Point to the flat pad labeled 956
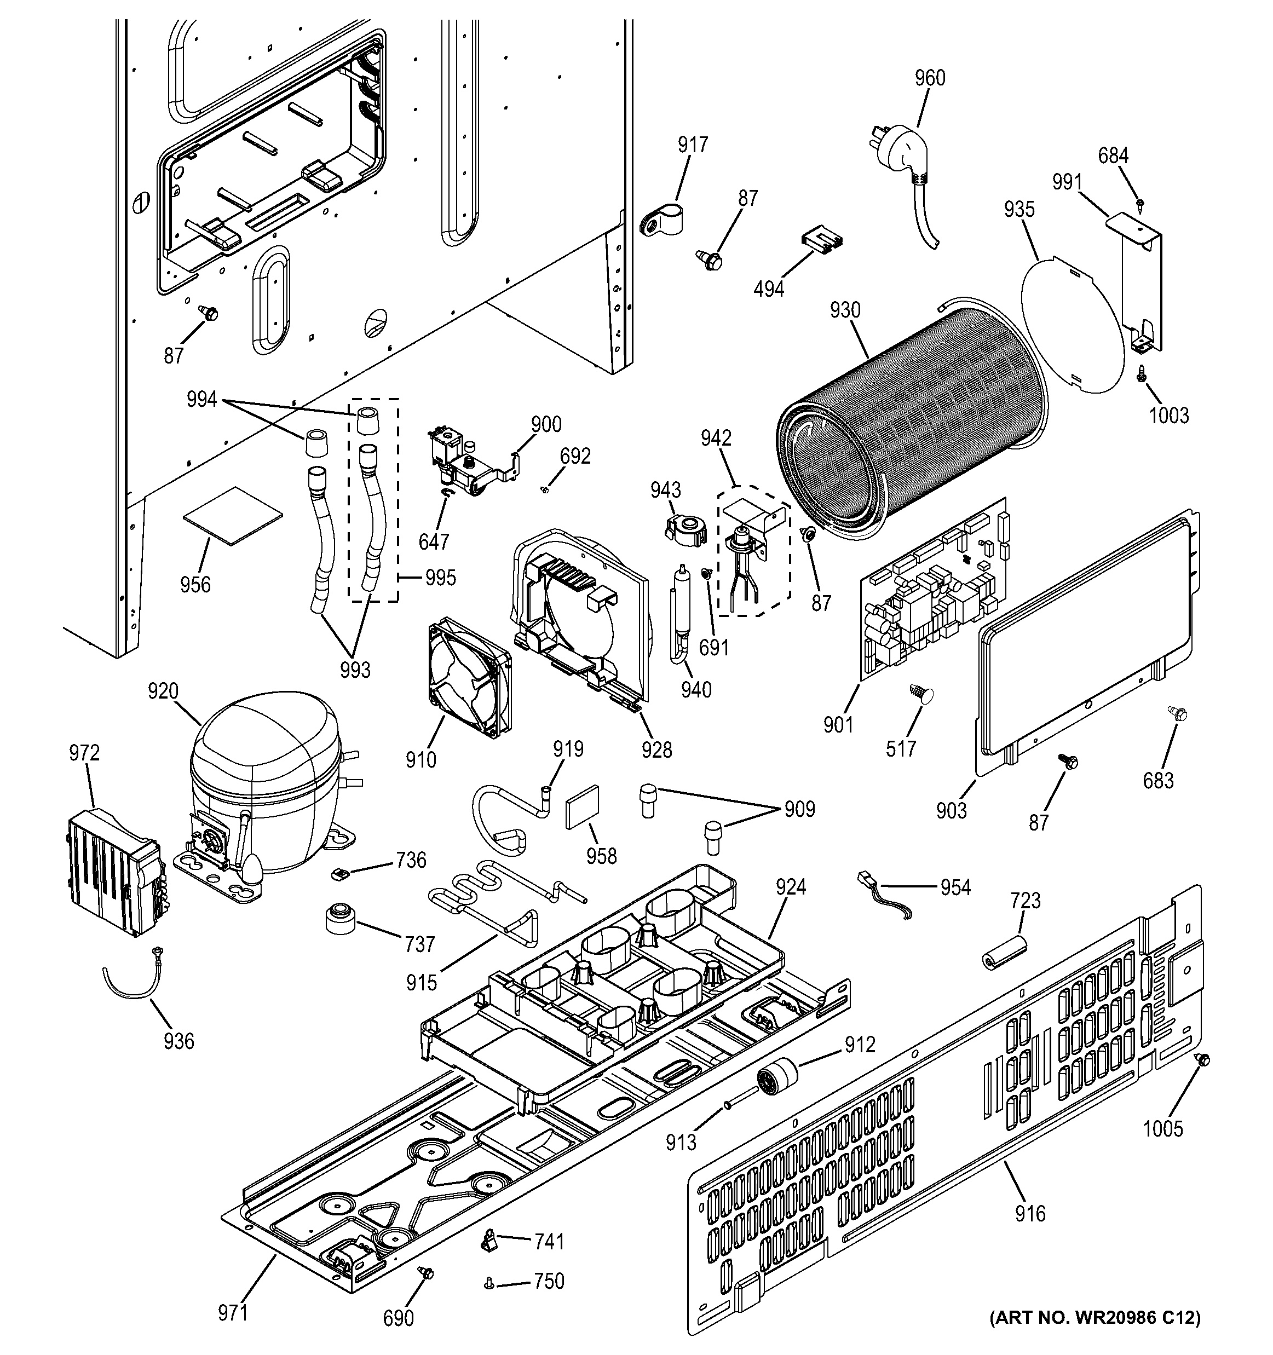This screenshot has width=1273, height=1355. coord(232,517)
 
